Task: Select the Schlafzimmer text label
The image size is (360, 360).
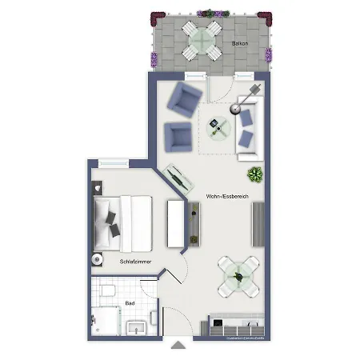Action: pos(136,262)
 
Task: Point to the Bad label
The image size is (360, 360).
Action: pos(130,303)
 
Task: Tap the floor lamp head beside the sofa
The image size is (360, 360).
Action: pos(256,88)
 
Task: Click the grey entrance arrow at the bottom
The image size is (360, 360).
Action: pos(178,346)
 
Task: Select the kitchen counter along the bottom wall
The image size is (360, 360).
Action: pos(235,326)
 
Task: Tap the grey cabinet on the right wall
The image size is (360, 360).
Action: pos(258,223)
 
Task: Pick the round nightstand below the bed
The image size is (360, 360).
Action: pos(98,258)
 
